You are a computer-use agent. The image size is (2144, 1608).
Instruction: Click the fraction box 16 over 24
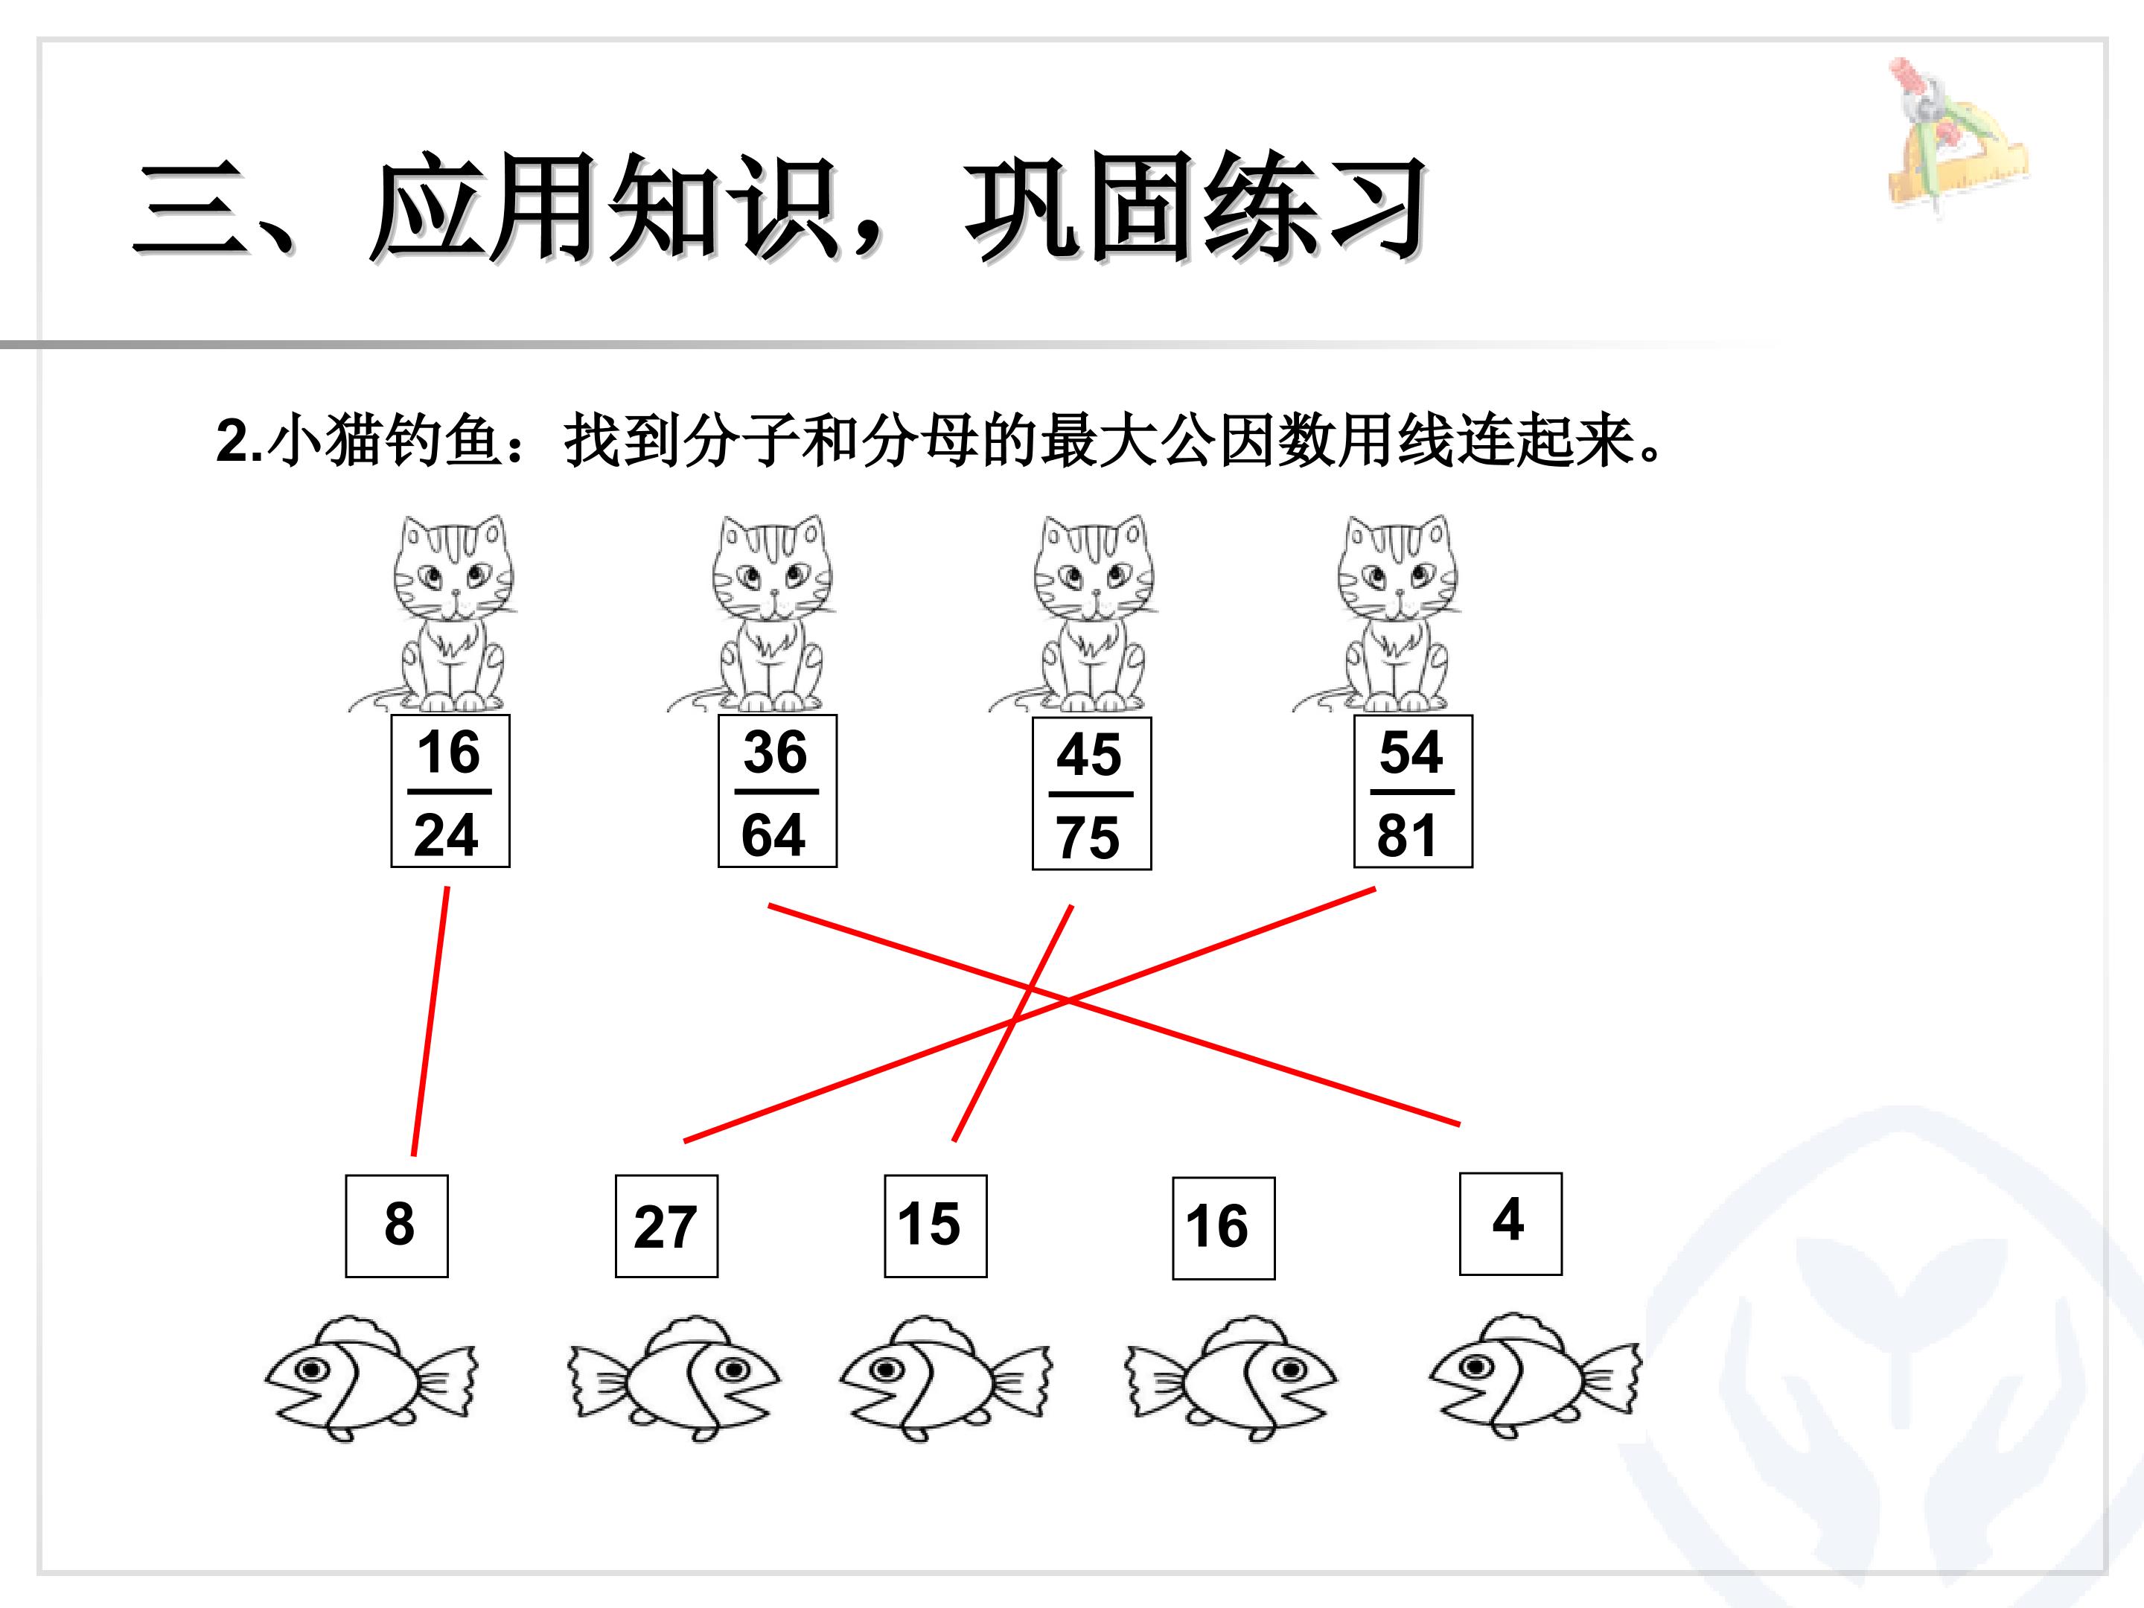[450, 791]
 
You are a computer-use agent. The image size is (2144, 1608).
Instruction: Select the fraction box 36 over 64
[776, 791]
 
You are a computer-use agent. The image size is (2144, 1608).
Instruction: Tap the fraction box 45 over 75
[1091, 794]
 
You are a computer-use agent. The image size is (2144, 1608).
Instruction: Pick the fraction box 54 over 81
[1412, 791]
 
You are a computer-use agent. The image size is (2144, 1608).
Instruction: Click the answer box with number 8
[397, 1226]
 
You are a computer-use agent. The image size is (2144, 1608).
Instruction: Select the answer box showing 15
[935, 1226]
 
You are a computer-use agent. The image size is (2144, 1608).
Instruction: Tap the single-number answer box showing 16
[1223, 1228]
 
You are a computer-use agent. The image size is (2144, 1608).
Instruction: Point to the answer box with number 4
[1510, 1223]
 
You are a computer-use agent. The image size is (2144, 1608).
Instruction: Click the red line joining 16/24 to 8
[430, 1021]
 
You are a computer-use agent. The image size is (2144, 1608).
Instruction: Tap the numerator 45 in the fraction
[1089, 755]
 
